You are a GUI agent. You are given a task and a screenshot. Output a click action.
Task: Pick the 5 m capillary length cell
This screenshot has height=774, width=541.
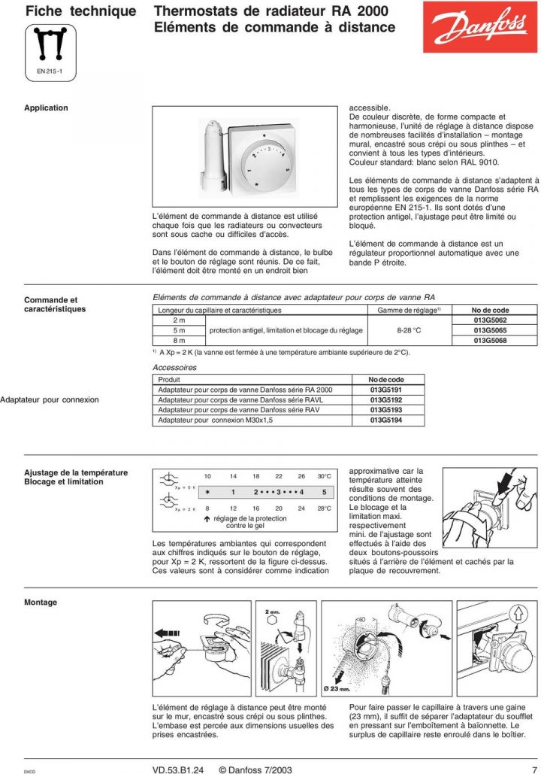tap(179, 330)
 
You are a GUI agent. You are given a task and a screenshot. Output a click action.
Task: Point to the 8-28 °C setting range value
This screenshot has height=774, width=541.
tap(409, 330)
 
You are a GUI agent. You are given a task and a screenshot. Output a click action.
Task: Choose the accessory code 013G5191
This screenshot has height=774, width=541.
tap(386, 390)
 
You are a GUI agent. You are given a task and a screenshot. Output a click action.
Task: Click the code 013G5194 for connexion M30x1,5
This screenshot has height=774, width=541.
tap(386, 420)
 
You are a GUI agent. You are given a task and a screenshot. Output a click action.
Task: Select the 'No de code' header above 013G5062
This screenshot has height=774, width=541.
tap(490, 310)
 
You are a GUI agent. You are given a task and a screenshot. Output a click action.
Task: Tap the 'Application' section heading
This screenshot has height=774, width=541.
tap(46, 108)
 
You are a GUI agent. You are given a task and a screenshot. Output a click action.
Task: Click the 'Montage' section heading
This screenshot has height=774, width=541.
tap(41, 603)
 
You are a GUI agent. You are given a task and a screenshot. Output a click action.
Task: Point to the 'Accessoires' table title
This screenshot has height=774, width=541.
tap(174, 368)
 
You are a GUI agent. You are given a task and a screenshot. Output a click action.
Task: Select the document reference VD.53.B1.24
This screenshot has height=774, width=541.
tap(180, 769)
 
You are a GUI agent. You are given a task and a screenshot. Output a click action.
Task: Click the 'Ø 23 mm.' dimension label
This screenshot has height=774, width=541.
tap(337, 689)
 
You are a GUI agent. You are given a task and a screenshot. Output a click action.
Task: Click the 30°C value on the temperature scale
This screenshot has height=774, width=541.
tap(324, 476)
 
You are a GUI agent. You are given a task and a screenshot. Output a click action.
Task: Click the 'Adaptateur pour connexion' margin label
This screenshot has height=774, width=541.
tap(50, 400)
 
